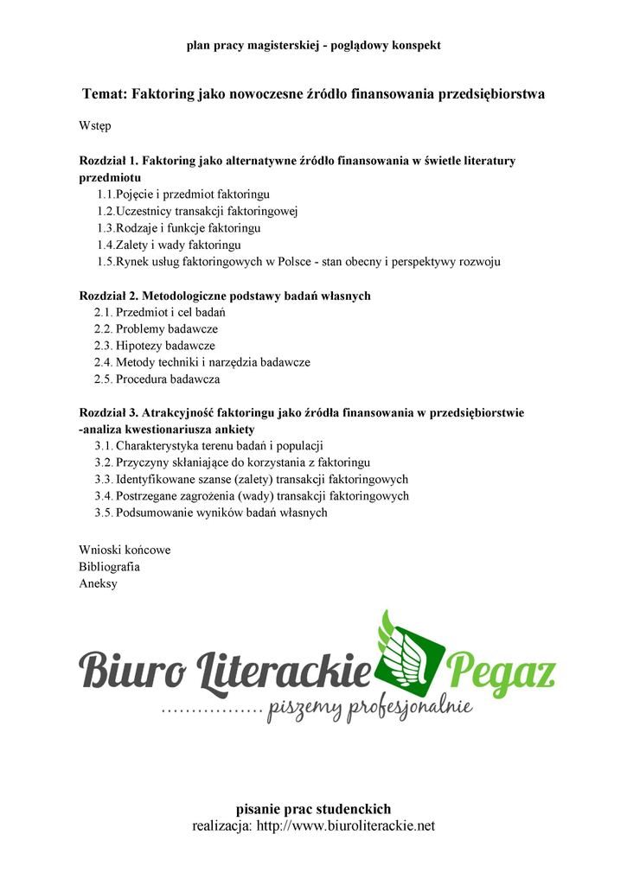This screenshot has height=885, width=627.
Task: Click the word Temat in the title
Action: tap(104, 93)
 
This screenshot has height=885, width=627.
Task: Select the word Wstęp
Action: tap(94, 126)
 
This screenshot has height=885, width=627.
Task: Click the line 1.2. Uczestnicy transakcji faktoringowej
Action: tap(197, 212)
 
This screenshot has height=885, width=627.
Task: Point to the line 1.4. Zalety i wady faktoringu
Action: tap(169, 245)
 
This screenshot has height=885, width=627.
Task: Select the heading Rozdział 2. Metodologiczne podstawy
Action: tap(224, 296)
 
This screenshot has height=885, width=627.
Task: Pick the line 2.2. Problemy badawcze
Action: tap(156, 329)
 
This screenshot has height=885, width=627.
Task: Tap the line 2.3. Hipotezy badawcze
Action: tap(155, 346)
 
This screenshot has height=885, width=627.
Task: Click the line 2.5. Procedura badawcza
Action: tap(157, 379)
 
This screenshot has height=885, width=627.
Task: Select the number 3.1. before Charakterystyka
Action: tap(104, 446)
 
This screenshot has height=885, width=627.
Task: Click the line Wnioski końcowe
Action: tap(125, 550)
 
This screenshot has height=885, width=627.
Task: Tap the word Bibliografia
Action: tap(109, 566)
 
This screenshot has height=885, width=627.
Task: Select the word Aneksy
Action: tap(98, 583)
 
